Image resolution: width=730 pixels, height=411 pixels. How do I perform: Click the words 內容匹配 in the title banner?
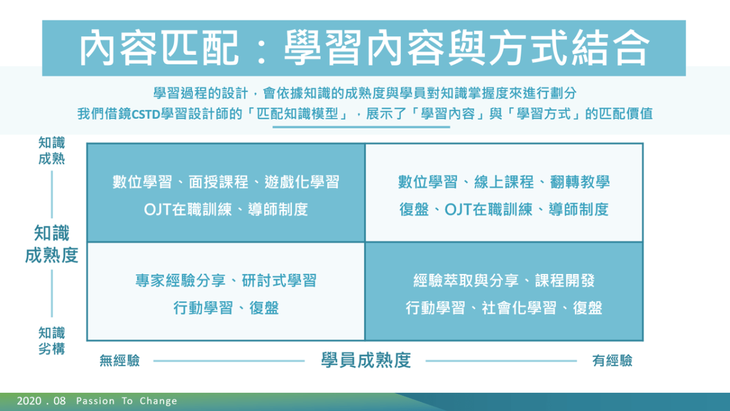tap(159, 48)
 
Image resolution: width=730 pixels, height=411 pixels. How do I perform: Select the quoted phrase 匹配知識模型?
tap(297, 114)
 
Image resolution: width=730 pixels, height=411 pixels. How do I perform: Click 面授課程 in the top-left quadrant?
tap(218, 182)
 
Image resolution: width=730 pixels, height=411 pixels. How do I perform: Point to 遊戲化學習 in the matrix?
tap(302, 182)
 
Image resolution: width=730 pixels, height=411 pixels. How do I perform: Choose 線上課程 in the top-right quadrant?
tap(504, 182)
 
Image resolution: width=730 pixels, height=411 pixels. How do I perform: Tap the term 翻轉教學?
tap(580, 182)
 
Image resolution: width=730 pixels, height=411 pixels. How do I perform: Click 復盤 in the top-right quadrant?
tap(414, 209)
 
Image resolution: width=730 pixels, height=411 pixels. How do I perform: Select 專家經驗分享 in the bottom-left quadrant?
tap(180, 281)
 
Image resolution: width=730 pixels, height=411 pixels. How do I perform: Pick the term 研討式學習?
tap(279, 281)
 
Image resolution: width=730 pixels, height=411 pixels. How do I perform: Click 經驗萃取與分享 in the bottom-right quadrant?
tap(466, 281)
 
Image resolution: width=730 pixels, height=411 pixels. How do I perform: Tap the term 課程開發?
tap(565, 281)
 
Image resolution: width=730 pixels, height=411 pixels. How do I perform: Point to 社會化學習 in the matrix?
tap(519, 308)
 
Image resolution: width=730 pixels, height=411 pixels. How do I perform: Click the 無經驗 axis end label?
tap(120, 360)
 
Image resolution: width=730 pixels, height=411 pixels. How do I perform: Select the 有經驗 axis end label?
tap(612, 360)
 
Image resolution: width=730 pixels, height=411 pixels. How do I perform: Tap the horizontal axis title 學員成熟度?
tap(366, 360)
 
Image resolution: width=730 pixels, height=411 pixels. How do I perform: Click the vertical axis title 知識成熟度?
tap(52, 244)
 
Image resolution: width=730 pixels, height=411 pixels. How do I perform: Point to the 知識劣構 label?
tap(52, 341)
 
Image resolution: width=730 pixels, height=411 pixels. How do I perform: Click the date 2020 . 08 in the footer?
tap(41, 401)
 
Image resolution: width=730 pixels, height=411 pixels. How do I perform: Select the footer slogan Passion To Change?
tap(127, 401)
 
